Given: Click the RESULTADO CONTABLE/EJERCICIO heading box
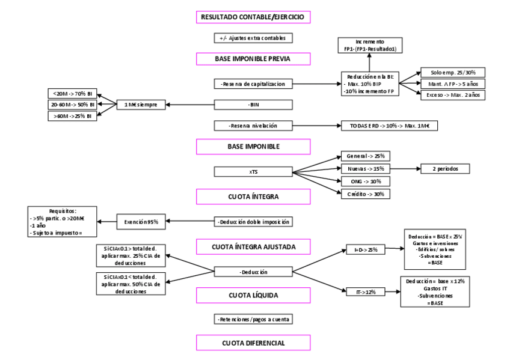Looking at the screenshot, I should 253,17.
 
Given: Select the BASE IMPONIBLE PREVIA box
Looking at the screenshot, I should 253,59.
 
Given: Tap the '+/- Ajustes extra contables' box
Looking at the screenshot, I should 253,38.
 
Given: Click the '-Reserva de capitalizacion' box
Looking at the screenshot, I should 253,84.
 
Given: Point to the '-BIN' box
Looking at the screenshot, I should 253,105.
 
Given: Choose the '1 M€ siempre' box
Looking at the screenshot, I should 141,105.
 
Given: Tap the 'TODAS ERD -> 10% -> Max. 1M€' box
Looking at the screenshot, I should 389,126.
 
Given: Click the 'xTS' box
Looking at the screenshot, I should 253,172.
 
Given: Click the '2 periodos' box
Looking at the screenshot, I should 445,169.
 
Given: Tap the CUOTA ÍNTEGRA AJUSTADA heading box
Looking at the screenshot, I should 253,246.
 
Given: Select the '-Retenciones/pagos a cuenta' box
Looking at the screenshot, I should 253,319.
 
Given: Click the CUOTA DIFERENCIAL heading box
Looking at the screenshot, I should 253,343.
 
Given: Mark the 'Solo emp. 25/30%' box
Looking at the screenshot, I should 453,72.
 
